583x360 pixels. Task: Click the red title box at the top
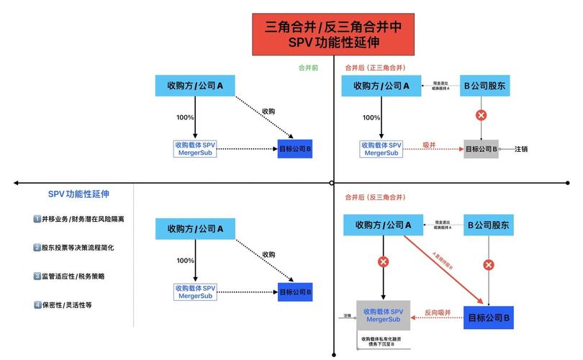(333, 34)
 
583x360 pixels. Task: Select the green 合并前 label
(309, 68)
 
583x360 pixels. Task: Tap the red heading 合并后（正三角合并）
(375, 68)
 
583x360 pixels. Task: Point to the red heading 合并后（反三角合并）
(375, 197)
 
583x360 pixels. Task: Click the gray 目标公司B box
(482, 149)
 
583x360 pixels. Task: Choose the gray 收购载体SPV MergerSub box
(382, 315)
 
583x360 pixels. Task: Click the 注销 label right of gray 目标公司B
(521, 149)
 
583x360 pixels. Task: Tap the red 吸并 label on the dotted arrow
(430, 144)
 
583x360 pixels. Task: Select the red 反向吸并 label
(437, 312)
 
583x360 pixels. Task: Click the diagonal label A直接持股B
(444, 260)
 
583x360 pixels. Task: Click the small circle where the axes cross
(332, 183)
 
